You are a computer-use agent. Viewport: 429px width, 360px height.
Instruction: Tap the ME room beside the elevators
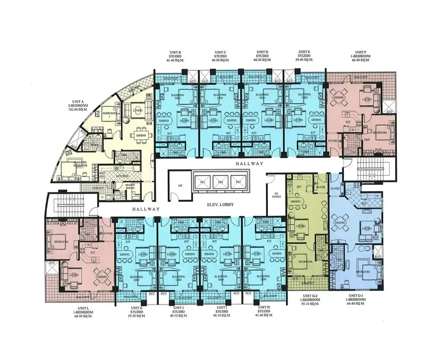coord(180,185)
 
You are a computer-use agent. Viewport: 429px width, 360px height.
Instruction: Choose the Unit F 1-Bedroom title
coord(363,54)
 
